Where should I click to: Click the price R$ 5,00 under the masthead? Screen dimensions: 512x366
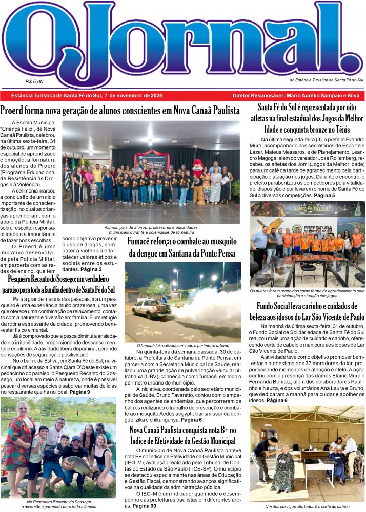pyautogui.click(x=34, y=81)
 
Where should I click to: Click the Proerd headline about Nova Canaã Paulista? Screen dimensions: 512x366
pyautogui.click(x=120, y=111)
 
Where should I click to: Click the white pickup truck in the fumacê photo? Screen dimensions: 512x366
pyautogui.click(x=152, y=308)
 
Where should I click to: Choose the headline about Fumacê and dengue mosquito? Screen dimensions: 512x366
pyautogui.click(x=182, y=247)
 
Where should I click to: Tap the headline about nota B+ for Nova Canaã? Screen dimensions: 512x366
pyautogui.click(x=182, y=435)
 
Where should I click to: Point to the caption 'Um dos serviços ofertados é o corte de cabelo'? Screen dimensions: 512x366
pyautogui.click(x=308, y=506)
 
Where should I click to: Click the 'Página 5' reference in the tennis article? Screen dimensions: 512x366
pyautogui.click(x=324, y=196)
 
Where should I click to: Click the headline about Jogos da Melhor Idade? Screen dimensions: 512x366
pyautogui.click(x=307, y=119)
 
